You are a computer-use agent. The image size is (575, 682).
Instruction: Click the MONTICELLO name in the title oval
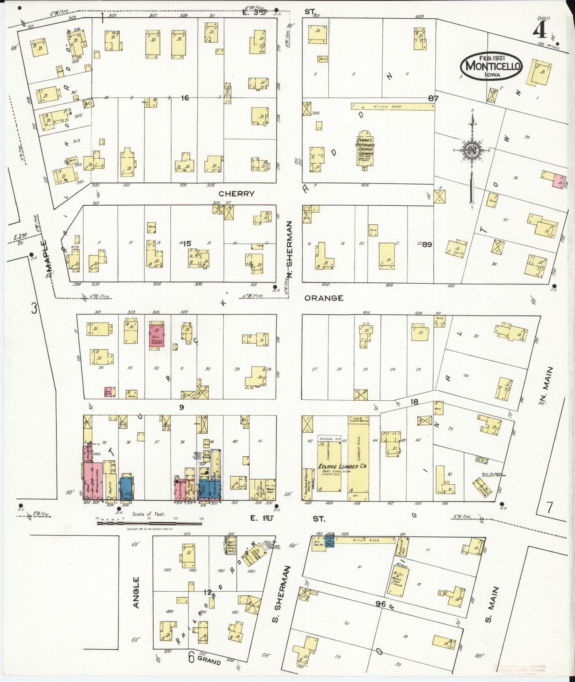tap(492, 66)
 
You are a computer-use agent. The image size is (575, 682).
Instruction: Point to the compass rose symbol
tap(472, 150)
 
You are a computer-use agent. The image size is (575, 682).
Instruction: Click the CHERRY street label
tap(236, 194)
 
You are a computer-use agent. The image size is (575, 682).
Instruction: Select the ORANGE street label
tap(324, 298)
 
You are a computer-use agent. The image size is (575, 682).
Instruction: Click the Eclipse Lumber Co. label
tap(342, 466)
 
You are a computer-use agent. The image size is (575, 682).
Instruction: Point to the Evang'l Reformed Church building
tap(364, 148)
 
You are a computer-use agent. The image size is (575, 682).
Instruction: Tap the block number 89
tap(427, 244)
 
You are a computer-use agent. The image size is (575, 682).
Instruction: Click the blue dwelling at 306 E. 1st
tap(126, 488)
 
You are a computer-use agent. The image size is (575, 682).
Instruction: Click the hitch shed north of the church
tap(392, 107)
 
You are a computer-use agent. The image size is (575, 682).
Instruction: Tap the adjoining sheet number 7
tap(550, 508)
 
